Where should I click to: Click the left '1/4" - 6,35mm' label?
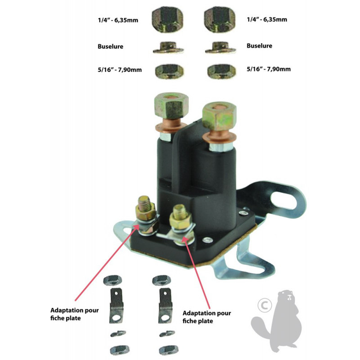[x=118, y=20]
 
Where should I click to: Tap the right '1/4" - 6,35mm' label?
[x=267, y=19]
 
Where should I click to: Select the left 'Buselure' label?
[x=110, y=46]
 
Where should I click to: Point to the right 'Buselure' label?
[x=260, y=46]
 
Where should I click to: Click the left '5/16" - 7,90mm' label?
[x=120, y=70]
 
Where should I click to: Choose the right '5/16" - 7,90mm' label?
[x=269, y=69]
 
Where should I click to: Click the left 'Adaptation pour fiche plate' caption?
[x=75, y=314]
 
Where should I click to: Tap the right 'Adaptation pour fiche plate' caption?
[x=207, y=317]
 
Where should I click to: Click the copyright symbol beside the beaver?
[x=265, y=306]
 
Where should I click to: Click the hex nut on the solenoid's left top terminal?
[x=171, y=106]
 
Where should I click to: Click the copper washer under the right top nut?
[x=219, y=138]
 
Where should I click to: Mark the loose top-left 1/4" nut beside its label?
[x=167, y=19]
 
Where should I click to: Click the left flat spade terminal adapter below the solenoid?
[x=116, y=306]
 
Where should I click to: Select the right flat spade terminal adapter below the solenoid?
[x=165, y=306]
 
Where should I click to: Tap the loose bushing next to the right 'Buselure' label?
[x=220, y=48]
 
